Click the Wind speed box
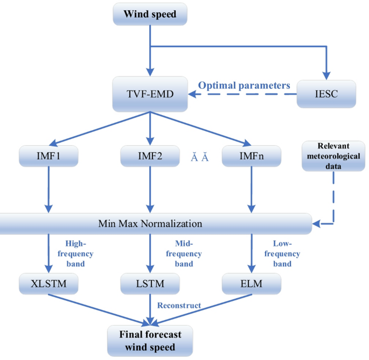(150, 15)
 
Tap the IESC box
(326, 93)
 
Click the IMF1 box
(49, 157)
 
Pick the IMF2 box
(150, 157)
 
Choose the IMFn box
(251, 157)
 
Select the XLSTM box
(49, 284)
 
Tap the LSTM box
(150, 284)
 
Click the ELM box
(251, 284)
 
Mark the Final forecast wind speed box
(150, 341)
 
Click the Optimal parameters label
(244, 86)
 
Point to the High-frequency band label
(79, 253)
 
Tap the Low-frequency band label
(282, 253)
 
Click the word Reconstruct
(179, 306)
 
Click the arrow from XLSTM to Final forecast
(97, 309)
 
